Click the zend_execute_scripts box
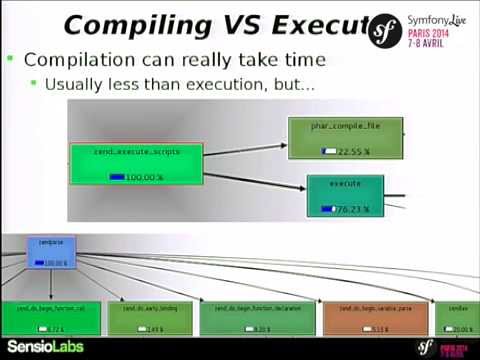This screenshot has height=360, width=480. tap(136, 164)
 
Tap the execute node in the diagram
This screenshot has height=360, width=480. tap(345, 196)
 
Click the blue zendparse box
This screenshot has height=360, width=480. tap(51, 252)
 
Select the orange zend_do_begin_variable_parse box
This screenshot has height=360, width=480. tap(374, 318)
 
